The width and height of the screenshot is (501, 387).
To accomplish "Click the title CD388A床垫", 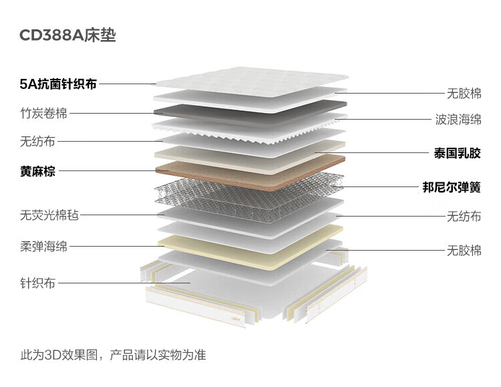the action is pos(67,35).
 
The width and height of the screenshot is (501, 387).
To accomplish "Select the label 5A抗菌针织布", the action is pos(58,84).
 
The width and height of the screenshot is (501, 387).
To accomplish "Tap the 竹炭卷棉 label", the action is pos(43,113).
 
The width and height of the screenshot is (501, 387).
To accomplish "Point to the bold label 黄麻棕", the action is pos(38,171).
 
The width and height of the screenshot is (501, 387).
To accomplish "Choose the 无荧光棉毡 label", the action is pos(49,215).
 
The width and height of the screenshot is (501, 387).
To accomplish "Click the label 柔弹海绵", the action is pos(43,247).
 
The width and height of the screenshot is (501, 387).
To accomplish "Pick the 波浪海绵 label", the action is pos(458,120).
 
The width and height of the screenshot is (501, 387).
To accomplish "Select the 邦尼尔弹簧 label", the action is pos(452,187).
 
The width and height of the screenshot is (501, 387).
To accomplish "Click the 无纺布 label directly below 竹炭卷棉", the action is pos(38,141).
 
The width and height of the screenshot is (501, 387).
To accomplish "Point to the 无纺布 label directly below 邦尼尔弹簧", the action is pos(464,216).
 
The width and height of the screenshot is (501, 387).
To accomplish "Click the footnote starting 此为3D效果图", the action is pos(113,355).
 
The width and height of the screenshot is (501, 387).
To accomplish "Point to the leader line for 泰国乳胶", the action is pos(374,153).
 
